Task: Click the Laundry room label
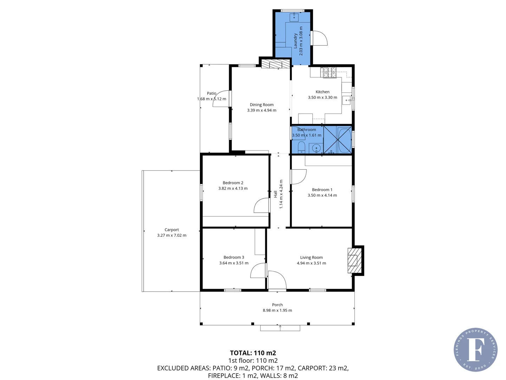(x=296, y=40)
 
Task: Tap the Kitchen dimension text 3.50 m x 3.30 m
(x=322, y=97)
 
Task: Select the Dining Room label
(x=261, y=104)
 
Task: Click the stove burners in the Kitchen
(x=330, y=72)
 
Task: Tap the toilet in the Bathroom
(x=301, y=147)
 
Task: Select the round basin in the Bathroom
(x=316, y=148)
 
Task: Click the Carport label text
(x=171, y=230)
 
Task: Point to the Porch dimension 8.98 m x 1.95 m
(x=277, y=310)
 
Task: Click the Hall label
(x=275, y=194)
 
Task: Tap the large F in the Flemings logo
(x=475, y=349)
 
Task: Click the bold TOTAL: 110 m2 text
(x=253, y=353)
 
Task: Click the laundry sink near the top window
(x=294, y=17)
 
